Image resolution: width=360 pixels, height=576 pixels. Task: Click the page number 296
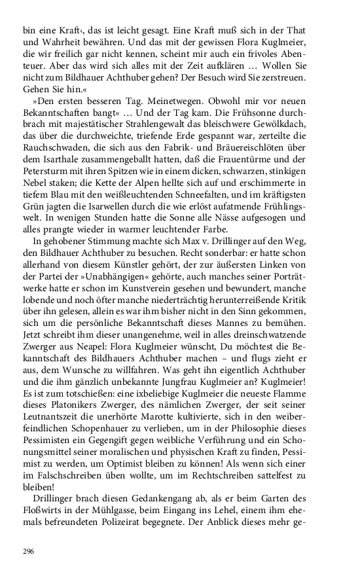[x=28, y=552]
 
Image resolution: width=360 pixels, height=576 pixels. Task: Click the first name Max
[x=179, y=230]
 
